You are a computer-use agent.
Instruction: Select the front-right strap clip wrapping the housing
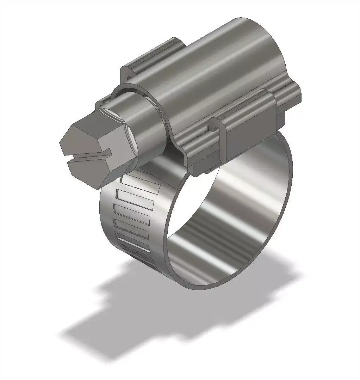tap(247, 127)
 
